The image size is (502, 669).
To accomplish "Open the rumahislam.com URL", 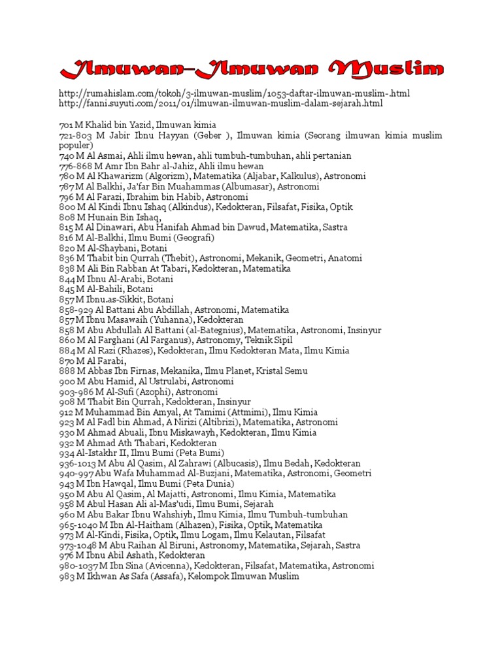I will (x=234, y=93).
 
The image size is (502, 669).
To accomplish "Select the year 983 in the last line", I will (x=67, y=576).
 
